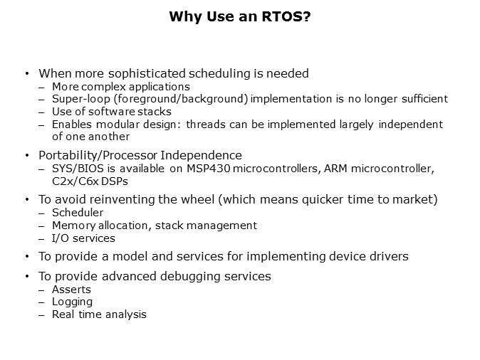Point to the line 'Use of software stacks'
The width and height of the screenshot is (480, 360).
click(x=111, y=112)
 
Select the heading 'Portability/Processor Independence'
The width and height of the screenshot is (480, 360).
click(x=140, y=155)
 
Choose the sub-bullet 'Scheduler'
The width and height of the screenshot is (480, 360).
click(x=78, y=213)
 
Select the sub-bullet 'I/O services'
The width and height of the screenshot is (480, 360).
click(x=83, y=238)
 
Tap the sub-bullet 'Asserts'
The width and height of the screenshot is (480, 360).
click(x=71, y=289)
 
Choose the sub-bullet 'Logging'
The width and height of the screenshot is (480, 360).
click(x=72, y=302)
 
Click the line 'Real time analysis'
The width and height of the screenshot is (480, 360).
click(x=99, y=314)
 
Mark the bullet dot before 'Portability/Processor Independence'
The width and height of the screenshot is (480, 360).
click(x=27, y=155)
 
